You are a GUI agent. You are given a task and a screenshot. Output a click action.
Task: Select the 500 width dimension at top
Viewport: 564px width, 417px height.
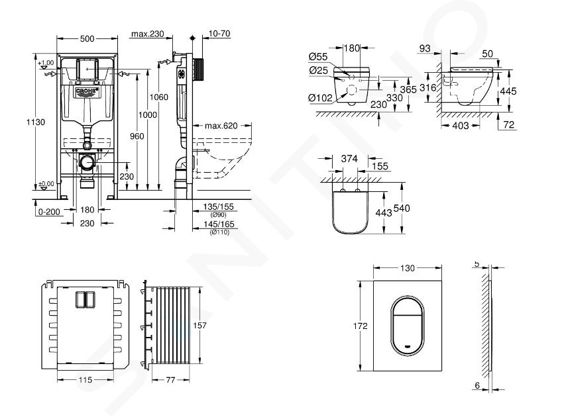tap(87, 38)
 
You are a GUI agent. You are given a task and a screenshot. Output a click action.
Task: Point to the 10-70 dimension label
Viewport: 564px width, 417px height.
tap(217, 34)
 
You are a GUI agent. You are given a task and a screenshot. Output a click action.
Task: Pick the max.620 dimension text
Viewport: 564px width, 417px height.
tap(220, 126)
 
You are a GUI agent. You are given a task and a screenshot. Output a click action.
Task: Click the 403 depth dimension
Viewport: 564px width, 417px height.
tap(461, 125)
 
